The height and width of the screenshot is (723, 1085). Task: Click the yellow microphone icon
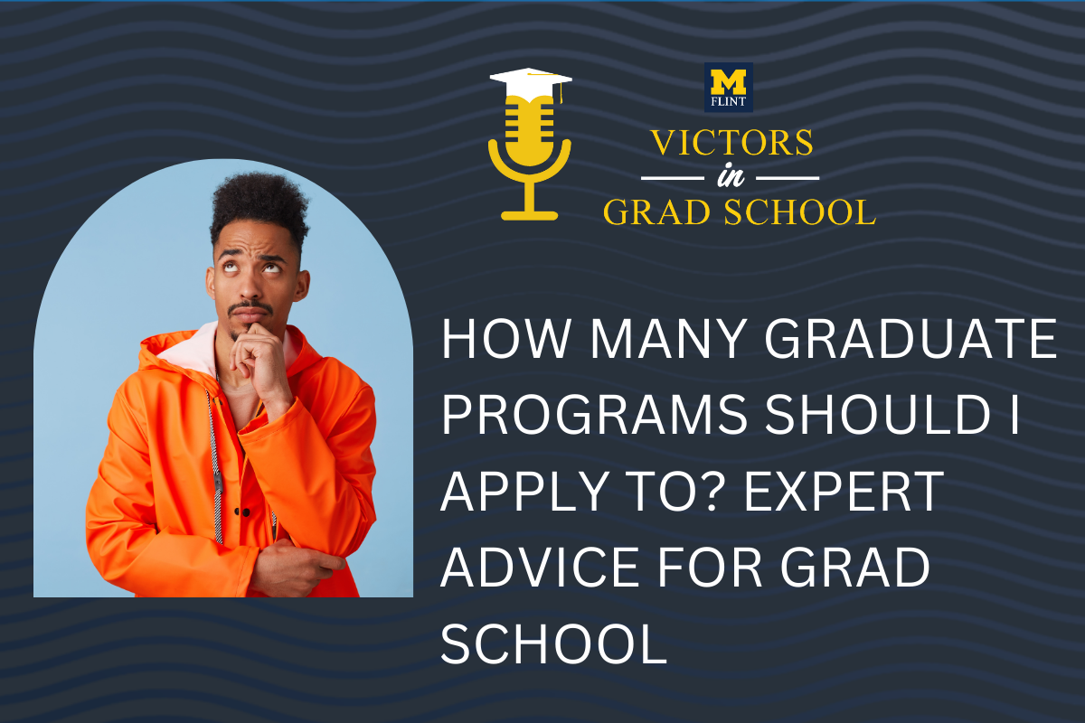coord(529,154)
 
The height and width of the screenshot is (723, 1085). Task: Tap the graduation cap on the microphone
coord(529,80)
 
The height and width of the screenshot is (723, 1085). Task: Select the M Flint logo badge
coord(728,88)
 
